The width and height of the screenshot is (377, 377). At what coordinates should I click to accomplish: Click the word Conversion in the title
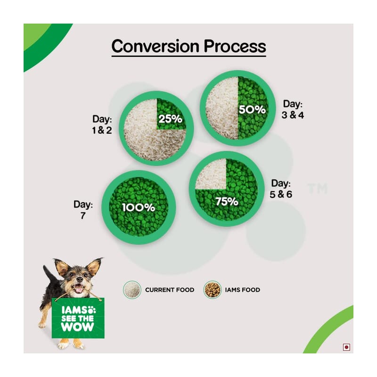click(156, 46)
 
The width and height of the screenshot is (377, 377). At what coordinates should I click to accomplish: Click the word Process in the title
click(235, 46)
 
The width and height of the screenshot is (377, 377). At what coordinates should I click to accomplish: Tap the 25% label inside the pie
click(170, 119)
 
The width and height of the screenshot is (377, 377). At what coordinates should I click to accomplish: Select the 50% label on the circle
click(252, 110)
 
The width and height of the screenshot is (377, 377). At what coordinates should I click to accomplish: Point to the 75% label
click(227, 202)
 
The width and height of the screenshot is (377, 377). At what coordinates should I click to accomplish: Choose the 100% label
click(138, 208)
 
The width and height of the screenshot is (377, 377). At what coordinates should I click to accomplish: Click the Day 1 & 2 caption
click(102, 124)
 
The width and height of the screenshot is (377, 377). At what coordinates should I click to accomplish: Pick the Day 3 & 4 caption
click(293, 109)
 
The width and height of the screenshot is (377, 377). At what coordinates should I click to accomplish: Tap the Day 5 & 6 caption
click(281, 189)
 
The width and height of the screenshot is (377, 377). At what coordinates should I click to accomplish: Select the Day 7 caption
click(83, 210)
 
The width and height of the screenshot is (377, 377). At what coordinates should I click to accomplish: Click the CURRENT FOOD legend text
click(170, 290)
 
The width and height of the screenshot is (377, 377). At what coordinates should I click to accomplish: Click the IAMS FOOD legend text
click(242, 290)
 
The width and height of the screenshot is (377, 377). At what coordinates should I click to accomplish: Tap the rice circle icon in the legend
click(132, 290)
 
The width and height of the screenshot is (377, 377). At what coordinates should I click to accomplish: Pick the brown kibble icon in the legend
click(213, 290)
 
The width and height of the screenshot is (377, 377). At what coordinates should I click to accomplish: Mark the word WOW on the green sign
click(77, 327)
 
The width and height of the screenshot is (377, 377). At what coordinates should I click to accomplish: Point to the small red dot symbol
click(346, 347)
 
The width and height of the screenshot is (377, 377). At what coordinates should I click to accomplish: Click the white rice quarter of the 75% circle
click(211, 174)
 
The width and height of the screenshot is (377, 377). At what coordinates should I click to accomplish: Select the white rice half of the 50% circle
click(222, 108)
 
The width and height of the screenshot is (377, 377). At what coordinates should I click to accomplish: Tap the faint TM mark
click(318, 188)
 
